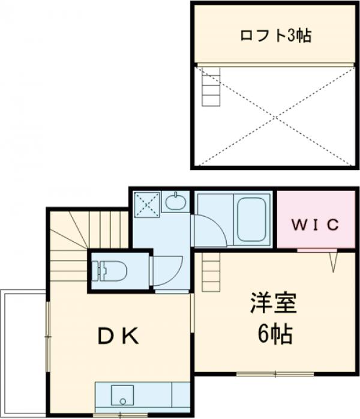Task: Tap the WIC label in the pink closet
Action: click(316, 225)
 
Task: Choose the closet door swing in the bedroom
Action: click(334, 261)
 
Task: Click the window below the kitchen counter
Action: click(121, 415)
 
